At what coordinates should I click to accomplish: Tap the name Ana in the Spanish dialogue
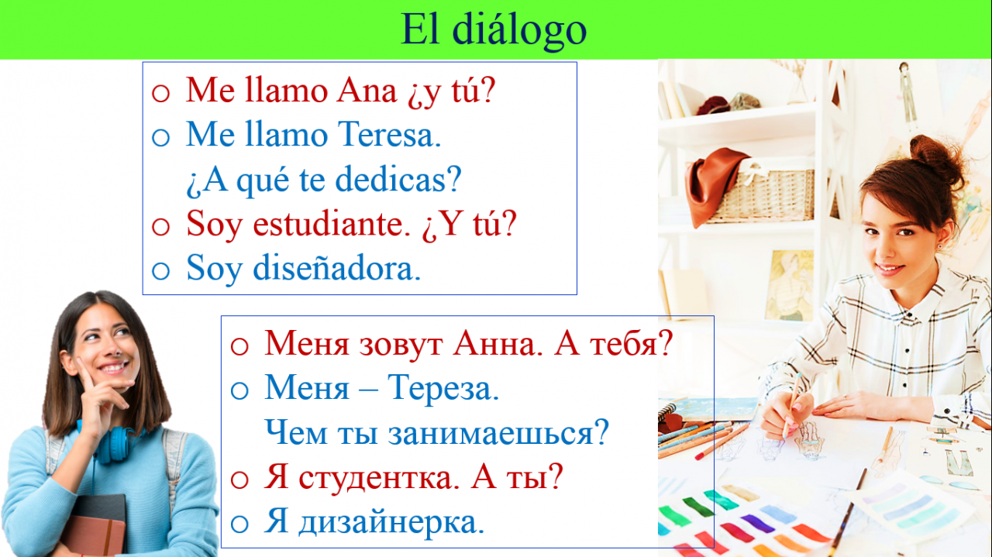[367, 91]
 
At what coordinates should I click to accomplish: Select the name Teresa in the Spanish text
[389, 135]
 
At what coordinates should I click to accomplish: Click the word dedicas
[398, 179]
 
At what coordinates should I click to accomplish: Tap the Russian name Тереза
[443, 388]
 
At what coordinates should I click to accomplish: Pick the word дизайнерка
[391, 522]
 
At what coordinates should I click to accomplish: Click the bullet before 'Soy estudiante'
[160, 226]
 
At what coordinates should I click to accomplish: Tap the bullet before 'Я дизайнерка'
[239, 524]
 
